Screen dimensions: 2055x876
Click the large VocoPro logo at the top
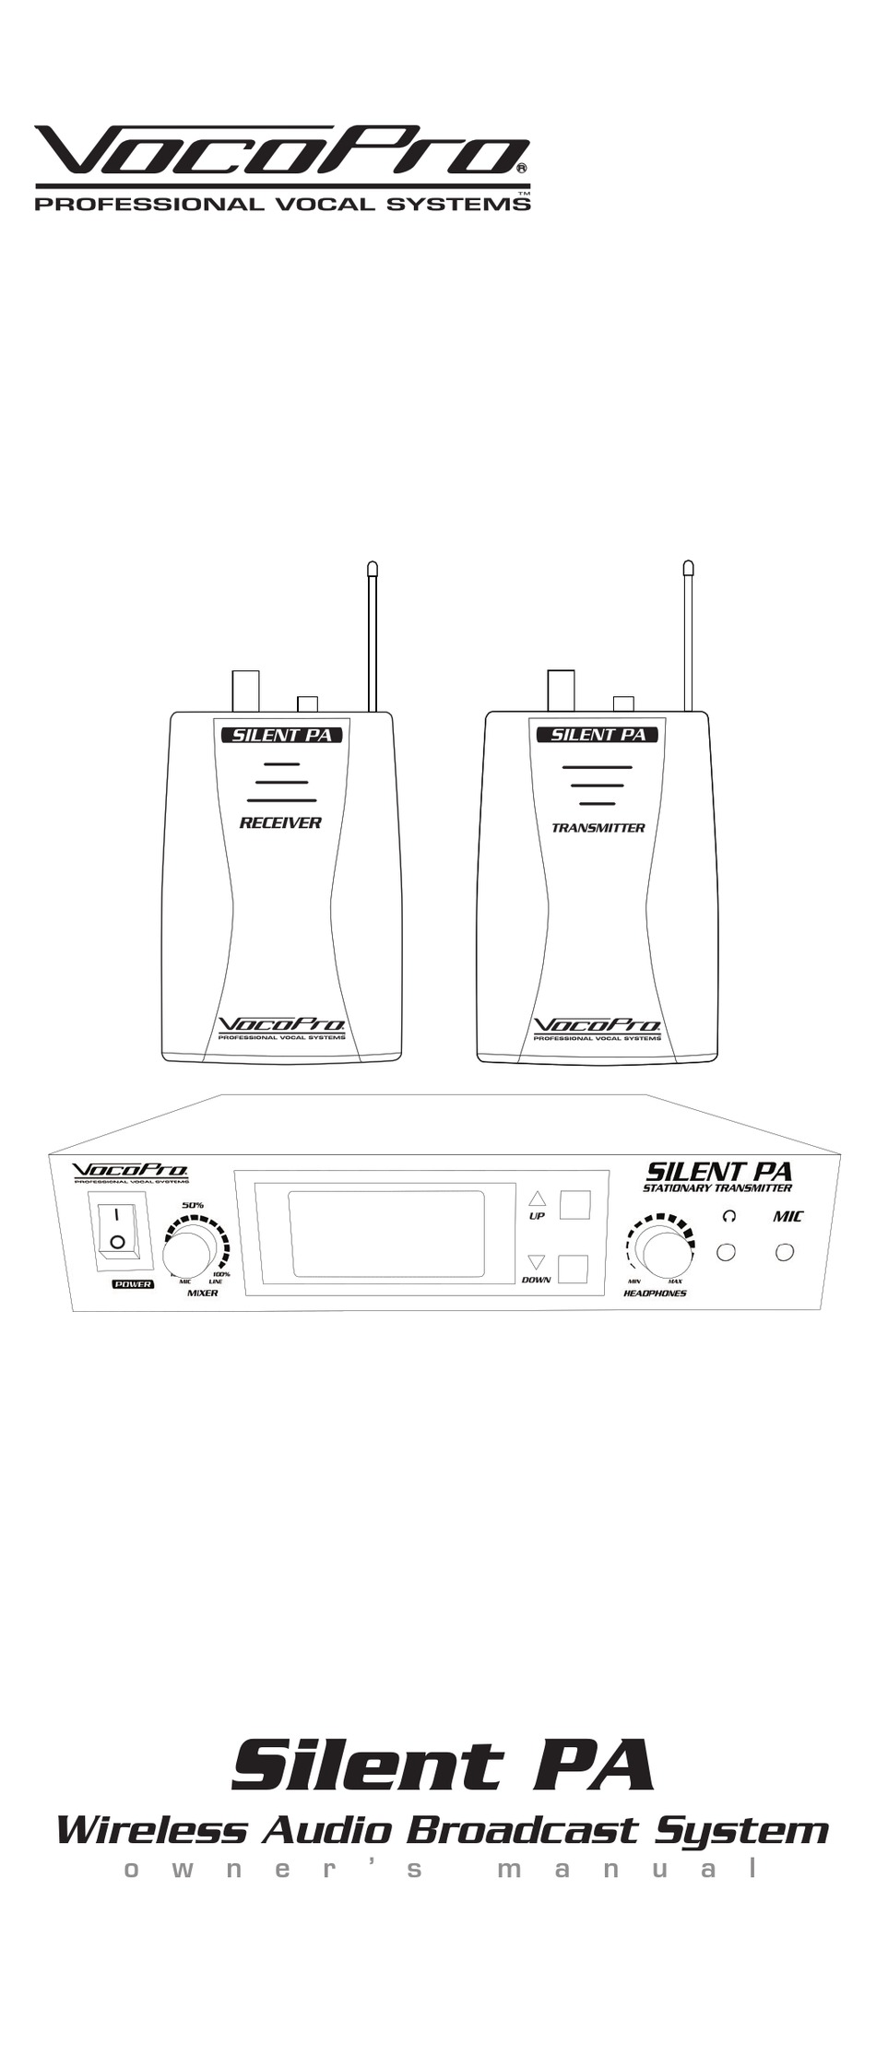pyautogui.click(x=281, y=152)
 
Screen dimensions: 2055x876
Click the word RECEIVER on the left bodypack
pyautogui.click(x=280, y=822)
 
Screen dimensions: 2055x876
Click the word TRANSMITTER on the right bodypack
pyautogui.click(x=598, y=828)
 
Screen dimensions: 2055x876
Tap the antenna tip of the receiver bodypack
pyautogui.click(x=373, y=569)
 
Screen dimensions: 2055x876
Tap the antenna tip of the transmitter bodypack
pyautogui.click(x=688, y=568)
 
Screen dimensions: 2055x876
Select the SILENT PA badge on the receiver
pyautogui.click(x=281, y=735)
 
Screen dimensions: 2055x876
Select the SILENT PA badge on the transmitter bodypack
pyautogui.click(x=598, y=735)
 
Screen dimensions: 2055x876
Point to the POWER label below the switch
pyautogui.click(x=133, y=1284)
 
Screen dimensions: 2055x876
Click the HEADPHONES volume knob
pyautogui.click(x=664, y=1251)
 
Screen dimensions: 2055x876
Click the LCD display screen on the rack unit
pyautogui.click(x=386, y=1234)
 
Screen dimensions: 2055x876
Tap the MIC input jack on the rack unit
pyautogui.click(x=785, y=1252)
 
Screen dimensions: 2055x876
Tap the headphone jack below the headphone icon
pyautogui.click(x=727, y=1252)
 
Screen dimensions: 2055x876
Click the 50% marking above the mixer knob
pyautogui.click(x=193, y=1205)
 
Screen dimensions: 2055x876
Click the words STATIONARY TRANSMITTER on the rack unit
pyautogui.click(x=716, y=1188)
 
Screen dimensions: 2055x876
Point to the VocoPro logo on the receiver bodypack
pyautogui.click(x=280, y=1025)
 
